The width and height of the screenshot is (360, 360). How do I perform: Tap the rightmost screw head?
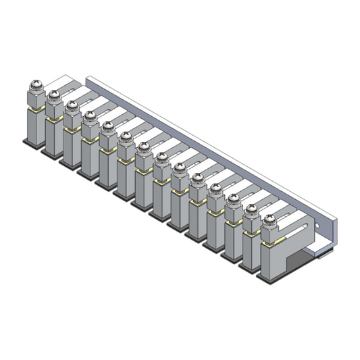pyautogui.click(x=269, y=219)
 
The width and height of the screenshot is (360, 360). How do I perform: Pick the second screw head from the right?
pyautogui.click(x=252, y=210)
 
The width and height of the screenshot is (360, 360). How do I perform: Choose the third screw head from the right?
pyautogui.click(x=234, y=200)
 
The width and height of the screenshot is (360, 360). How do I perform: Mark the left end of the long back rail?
pyautogui.click(x=93, y=80)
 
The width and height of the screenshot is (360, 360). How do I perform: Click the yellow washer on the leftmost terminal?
pyautogui.click(x=33, y=110)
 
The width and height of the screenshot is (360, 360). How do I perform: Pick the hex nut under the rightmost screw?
pyautogui.click(x=269, y=233)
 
